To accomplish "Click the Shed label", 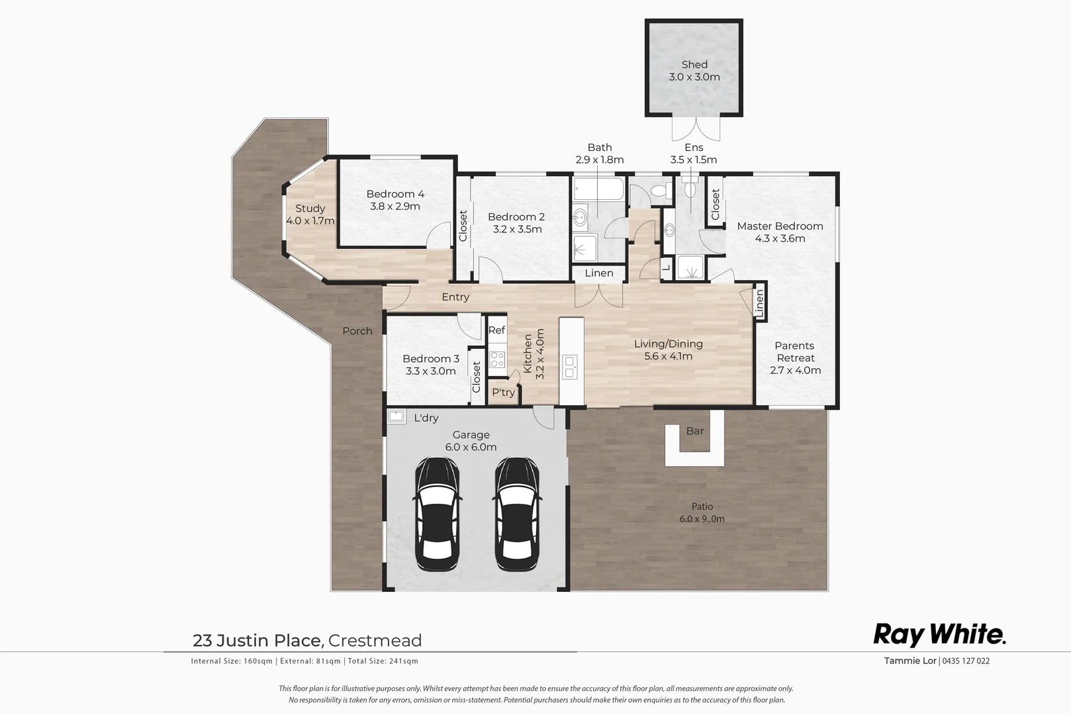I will (x=694, y=65).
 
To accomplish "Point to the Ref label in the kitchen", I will (x=496, y=330).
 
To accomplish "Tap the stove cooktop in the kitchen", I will (x=497, y=359).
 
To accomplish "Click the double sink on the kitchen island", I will (x=569, y=366).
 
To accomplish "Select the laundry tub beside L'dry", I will (x=396, y=416).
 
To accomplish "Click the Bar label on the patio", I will (x=695, y=431).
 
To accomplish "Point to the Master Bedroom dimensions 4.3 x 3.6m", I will (x=780, y=238).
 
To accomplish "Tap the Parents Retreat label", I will (x=795, y=352).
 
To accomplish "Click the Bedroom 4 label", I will (x=395, y=194).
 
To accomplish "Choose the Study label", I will (x=310, y=209).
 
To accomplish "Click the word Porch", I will (x=357, y=331).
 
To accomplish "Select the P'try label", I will (x=503, y=393).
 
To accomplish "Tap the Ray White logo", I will (x=939, y=634).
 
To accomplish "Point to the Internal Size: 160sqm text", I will (x=232, y=661).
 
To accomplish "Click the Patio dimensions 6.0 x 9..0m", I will (x=702, y=519).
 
